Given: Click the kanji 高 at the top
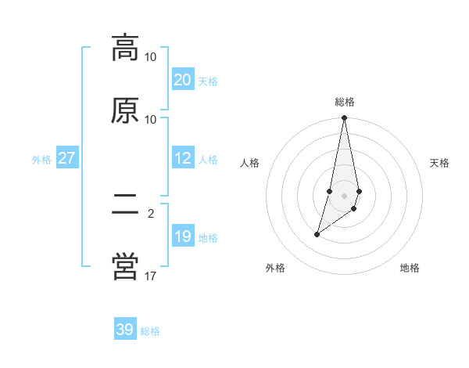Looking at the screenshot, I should pos(125,48).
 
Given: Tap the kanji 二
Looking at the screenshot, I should pos(125,205).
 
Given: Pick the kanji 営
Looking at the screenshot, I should pos(125,268).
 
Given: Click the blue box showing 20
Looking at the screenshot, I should pos(182,80).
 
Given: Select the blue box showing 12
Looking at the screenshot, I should pos(182,158).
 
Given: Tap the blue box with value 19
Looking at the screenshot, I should pos(182,236).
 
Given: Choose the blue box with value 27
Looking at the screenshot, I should pos(66,158).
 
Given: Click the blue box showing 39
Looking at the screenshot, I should pos(125,330).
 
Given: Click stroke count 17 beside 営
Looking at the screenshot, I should pos(151,276).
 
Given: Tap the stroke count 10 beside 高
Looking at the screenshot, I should pos(151,56).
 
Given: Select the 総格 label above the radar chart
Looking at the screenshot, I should pos(345,102).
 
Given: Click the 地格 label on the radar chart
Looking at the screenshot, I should pos(410,268).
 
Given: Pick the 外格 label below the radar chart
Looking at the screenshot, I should pos(275,268).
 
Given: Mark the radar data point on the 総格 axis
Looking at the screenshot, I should pos(345,118).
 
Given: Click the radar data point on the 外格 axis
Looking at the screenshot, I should pos(317,234).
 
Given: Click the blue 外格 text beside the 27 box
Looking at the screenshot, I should pos(41,159).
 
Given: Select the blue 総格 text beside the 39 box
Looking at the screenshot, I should pos(150,331).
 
